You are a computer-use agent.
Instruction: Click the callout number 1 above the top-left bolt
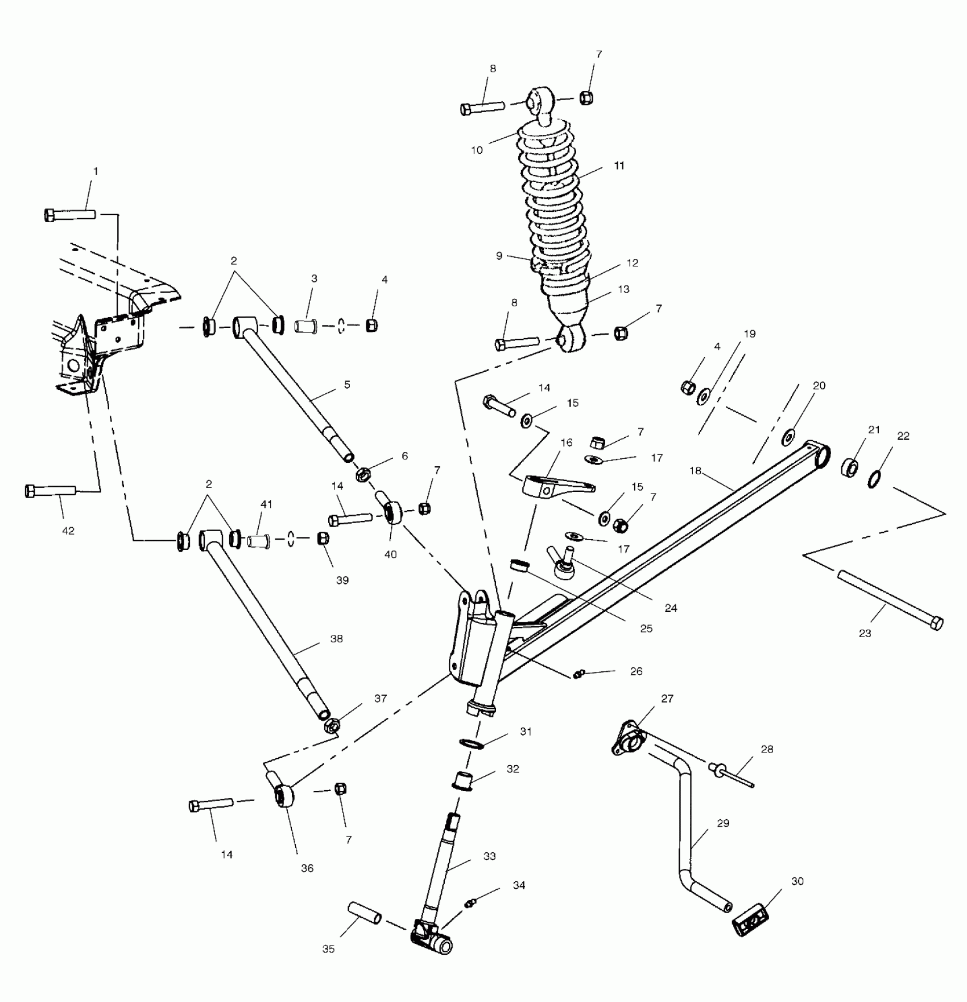point(96,171)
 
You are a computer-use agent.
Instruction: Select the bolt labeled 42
point(50,490)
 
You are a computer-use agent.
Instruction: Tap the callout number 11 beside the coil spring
point(619,166)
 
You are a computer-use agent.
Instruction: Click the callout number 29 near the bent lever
point(723,823)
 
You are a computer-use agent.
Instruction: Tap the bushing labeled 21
point(850,467)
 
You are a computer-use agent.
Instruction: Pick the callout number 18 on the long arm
point(695,471)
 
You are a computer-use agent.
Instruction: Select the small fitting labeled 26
point(578,674)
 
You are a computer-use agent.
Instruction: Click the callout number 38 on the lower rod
point(337,639)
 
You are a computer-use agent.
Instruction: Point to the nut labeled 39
point(323,537)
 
